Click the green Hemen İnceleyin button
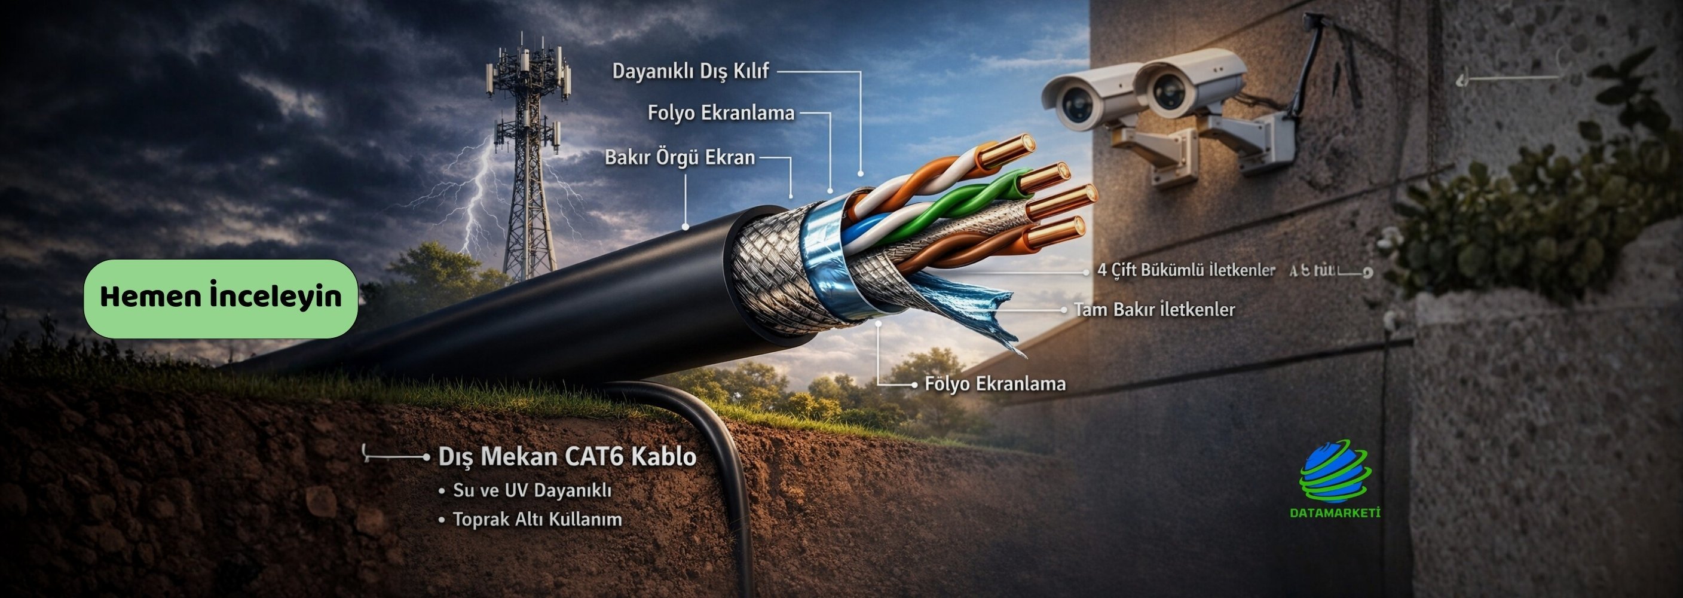point(221,298)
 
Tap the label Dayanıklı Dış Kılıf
point(690,71)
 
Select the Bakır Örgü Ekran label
point(680,157)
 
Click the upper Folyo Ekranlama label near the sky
point(721,113)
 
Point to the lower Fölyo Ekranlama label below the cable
point(994,384)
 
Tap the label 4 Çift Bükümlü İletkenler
point(1186,270)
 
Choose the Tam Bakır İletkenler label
point(1154,309)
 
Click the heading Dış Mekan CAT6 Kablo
point(567,456)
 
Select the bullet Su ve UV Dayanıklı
point(532,490)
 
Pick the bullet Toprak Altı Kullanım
point(537,520)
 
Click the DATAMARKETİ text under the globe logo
point(1335,513)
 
